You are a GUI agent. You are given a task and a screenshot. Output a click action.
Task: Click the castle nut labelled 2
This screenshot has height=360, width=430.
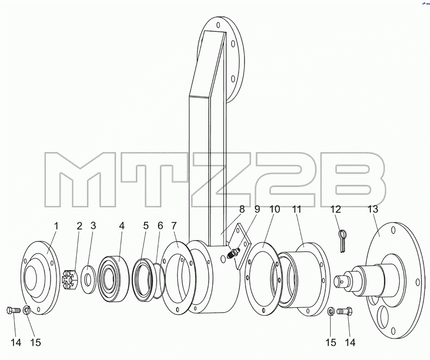click(70, 280)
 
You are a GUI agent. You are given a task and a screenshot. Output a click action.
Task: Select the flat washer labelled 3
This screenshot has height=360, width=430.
click(88, 279)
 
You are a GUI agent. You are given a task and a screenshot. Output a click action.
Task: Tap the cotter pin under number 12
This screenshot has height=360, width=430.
click(342, 241)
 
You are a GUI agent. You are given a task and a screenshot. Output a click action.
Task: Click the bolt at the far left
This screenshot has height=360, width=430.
click(13, 310)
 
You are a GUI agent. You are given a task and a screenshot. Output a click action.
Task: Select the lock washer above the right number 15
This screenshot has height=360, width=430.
click(331, 312)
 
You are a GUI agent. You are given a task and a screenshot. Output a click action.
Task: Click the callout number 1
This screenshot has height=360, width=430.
click(56, 227)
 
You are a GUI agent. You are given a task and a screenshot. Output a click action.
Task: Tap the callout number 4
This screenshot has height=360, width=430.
click(122, 226)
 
